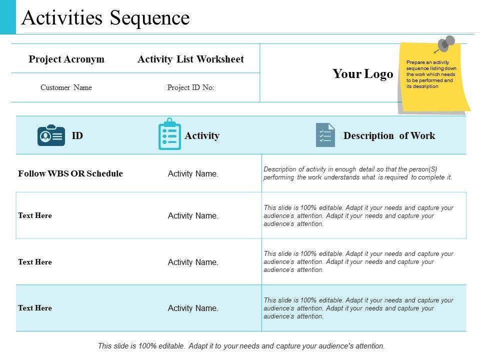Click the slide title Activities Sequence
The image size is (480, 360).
pos(105,18)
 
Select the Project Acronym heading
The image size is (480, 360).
pos(66,59)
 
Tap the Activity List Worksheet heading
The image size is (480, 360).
pos(190,59)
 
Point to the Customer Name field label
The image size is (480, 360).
pos(66,87)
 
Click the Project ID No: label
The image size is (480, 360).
pos(190,87)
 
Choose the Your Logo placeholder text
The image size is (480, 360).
pos(362,74)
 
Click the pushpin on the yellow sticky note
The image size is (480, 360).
pos(445,44)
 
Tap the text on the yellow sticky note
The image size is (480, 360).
pos(430,74)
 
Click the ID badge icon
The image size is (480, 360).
pos(51,135)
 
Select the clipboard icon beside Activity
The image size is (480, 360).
pos(169,134)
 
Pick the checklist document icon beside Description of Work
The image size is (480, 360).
pos(325,135)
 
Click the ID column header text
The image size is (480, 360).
pos(77,135)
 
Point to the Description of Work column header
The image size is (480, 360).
pos(389,135)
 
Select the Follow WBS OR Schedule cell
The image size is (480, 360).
pos(70,173)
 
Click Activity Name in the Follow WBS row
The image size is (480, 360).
pos(193,174)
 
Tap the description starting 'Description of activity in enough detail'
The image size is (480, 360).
pos(357,173)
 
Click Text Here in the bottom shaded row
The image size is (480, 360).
pos(35,308)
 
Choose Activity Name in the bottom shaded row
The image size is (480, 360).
pos(193,308)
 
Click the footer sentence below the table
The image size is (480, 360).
pos(241,345)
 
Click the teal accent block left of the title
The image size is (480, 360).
pos(7,17)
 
